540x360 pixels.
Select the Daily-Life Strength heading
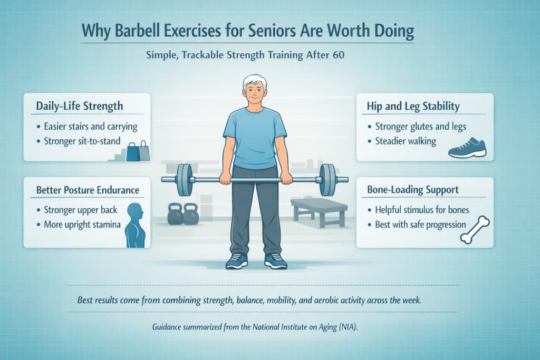point(80,105)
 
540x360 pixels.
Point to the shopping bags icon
point(138,151)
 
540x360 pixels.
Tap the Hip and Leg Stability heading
point(413,106)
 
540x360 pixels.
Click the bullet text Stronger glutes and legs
point(420,127)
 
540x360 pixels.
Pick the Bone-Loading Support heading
point(412,189)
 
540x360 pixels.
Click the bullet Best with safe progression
point(420,225)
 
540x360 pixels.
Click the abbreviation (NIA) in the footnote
point(347,327)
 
